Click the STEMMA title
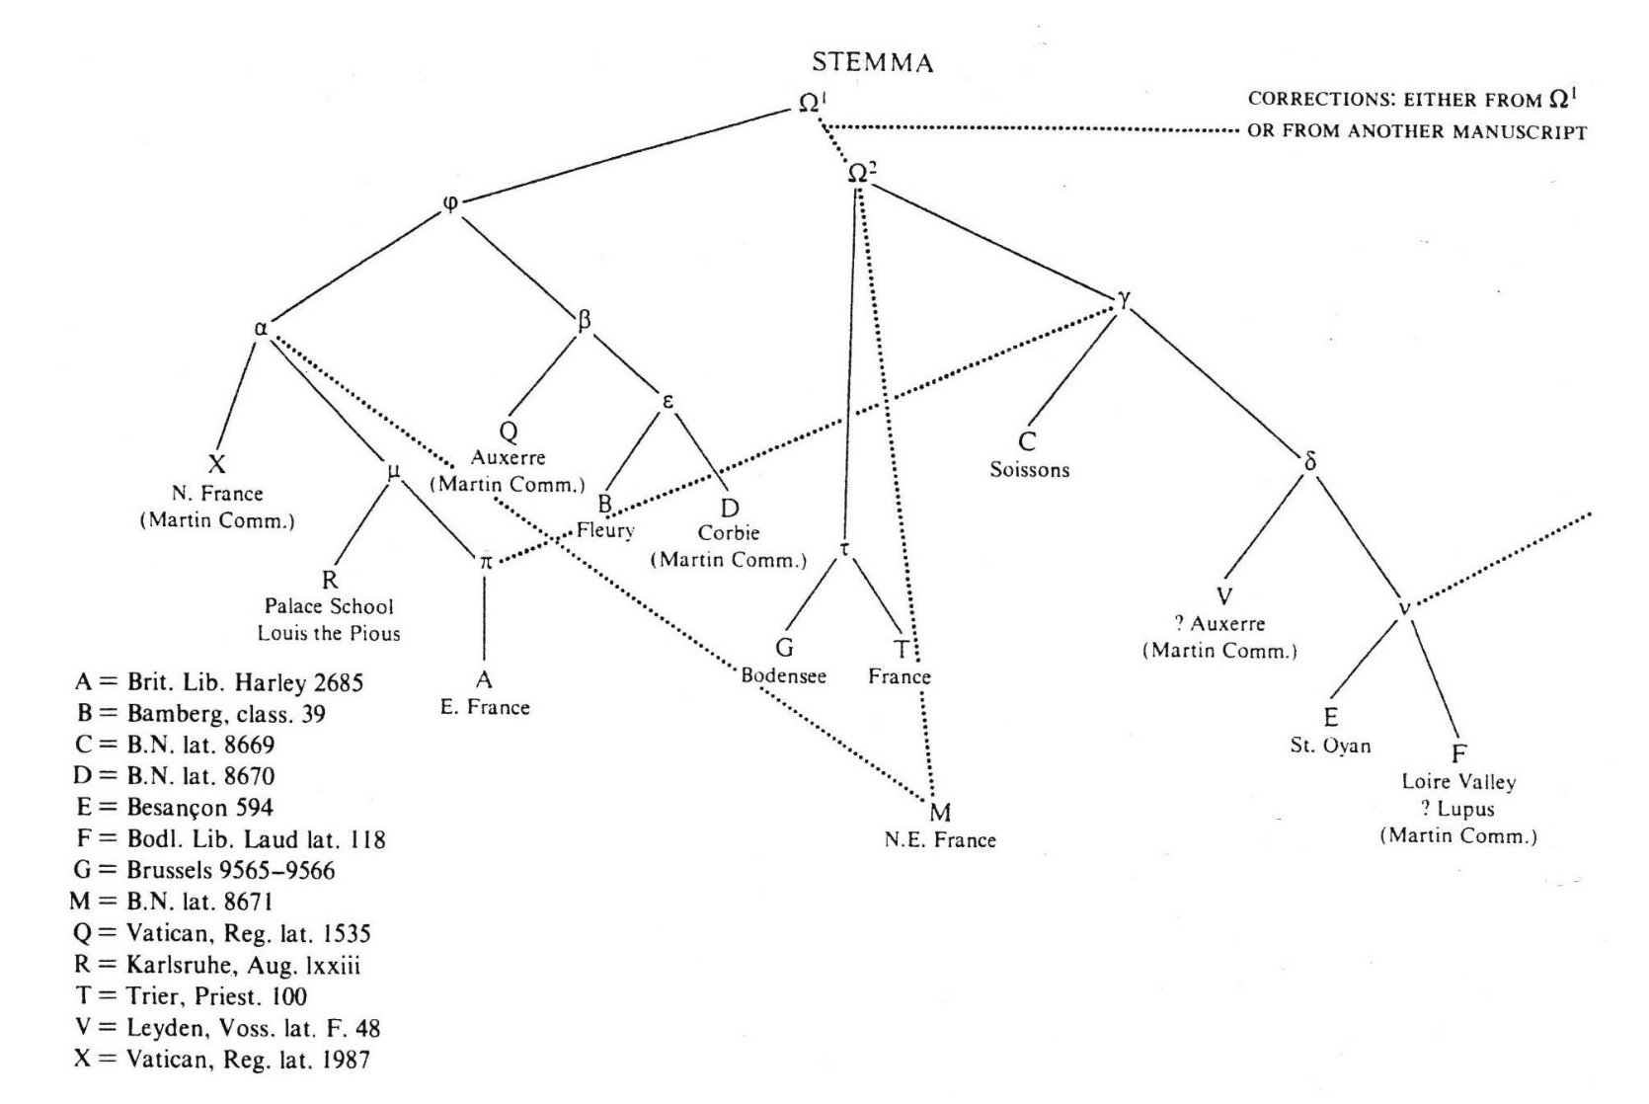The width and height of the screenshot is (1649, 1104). [x=872, y=64]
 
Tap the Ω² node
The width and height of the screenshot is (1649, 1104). [x=861, y=173]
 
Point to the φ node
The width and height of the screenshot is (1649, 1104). [x=450, y=203]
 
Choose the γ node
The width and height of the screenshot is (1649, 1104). [x=1123, y=302]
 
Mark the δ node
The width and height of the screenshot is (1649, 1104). [x=1310, y=461]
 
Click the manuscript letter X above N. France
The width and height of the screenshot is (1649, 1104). [x=216, y=466]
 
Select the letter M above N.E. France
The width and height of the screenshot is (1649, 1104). [x=940, y=813]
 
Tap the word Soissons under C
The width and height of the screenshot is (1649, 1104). [x=1029, y=470]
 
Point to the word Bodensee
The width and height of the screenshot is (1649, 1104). [x=784, y=676]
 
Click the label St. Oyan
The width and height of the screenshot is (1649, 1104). [x=1330, y=746]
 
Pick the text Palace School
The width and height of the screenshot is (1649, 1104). [x=329, y=606]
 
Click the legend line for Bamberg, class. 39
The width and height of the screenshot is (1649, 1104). [x=201, y=712]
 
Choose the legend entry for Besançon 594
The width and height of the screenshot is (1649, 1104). [x=174, y=807]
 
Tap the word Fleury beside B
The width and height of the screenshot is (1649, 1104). [x=605, y=531]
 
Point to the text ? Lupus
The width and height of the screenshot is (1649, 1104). [x=1458, y=809]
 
